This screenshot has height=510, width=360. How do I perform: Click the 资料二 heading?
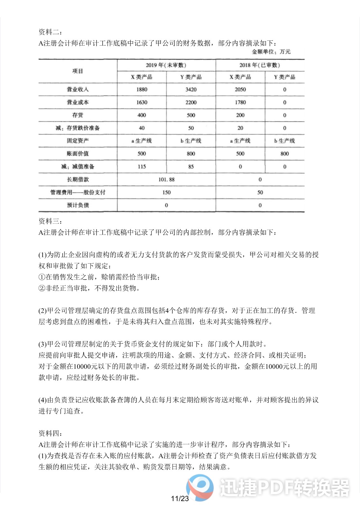50,32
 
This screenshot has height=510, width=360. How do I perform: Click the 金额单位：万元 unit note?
271,52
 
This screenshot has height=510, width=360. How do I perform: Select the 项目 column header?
78,71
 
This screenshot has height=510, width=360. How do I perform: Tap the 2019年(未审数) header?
166,65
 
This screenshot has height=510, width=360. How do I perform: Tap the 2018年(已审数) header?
260,65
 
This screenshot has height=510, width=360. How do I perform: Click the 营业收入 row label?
78,89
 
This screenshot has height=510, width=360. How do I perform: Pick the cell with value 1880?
142,90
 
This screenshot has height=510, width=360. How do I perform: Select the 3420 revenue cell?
191,90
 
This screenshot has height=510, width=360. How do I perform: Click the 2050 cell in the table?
240,90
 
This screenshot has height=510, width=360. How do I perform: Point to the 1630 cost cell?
142,102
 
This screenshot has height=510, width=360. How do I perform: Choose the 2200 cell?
191,102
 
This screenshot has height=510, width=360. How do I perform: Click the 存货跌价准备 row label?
78,128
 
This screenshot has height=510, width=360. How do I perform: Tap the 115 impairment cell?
142,166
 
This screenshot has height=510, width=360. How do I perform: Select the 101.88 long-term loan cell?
166,179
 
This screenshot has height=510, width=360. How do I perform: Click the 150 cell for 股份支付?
166,192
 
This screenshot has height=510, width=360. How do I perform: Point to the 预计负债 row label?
78,205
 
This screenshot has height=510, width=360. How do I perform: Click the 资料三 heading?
50,221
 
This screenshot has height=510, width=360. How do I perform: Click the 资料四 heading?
50,433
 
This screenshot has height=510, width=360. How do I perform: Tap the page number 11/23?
180,499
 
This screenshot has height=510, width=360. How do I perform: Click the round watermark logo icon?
200,487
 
